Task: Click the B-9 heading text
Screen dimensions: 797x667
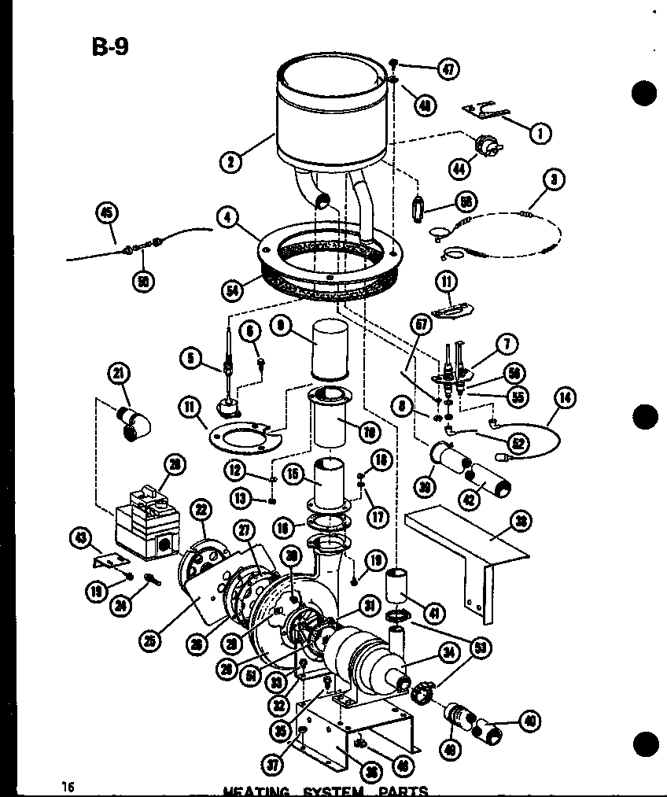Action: coord(109,46)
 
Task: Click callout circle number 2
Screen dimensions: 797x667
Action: coord(231,164)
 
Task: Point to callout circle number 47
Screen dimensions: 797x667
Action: coord(448,69)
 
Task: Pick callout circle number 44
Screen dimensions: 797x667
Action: coord(459,167)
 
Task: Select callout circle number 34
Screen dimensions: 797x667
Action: coord(429,651)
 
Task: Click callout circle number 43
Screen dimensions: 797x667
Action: coord(80,538)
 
